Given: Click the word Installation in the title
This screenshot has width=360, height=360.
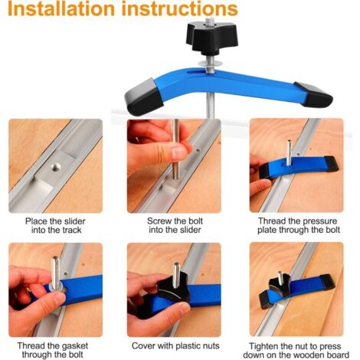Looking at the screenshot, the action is coord(61,9).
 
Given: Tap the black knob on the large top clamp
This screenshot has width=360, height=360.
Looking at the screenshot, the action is coord(211,38).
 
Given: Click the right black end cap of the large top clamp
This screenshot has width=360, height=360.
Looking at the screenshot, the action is coord(315,94).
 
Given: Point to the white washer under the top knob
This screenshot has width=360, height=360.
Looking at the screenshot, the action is coord(210,63).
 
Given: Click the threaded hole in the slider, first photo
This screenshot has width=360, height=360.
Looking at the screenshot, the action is coord(56,167).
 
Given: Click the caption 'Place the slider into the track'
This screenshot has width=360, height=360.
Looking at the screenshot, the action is coord(55,225).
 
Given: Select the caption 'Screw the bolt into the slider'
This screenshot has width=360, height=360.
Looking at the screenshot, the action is coord(175,225).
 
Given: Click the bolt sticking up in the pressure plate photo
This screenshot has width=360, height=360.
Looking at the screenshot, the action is coord(289,152).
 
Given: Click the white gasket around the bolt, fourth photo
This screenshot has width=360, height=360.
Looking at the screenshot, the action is coord(57,286).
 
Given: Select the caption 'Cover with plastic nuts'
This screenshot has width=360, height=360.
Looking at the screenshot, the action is coord(175,346).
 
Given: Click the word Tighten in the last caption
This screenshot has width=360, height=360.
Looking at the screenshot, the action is coord(263,346).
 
